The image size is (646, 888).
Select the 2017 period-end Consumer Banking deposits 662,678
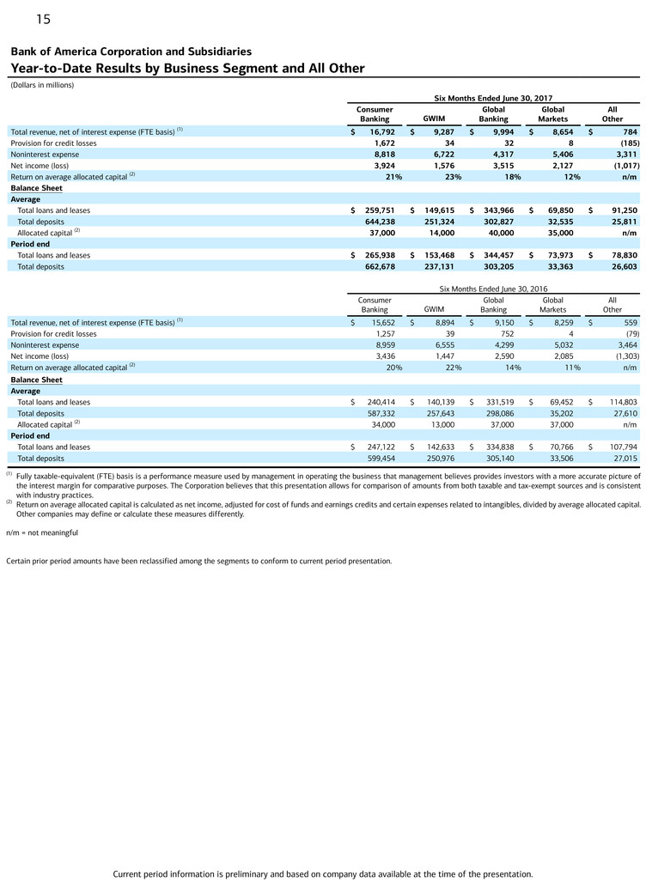(375, 266)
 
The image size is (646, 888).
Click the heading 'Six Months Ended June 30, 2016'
(493, 289)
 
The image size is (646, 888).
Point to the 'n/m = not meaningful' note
(42, 533)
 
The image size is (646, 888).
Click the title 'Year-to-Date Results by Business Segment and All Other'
(187, 69)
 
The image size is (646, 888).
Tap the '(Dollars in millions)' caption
(42, 85)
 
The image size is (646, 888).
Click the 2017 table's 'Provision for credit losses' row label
(53, 143)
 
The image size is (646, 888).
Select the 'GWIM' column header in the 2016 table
(434, 309)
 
